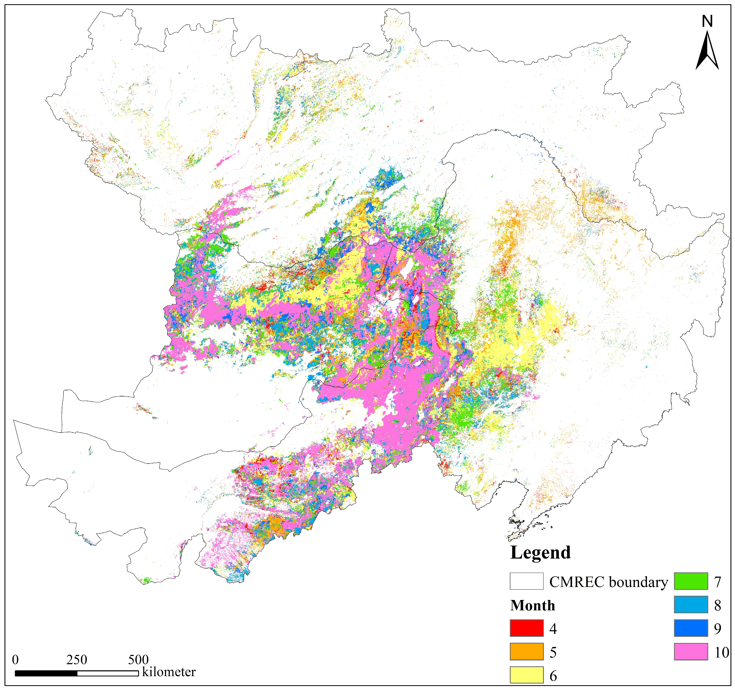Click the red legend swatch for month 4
pyautogui.click(x=527, y=628)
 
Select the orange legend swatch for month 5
pyautogui.click(x=527, y=651)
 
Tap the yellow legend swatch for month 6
pyautogui.click(x=527, y=675)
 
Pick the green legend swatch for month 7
pyautogui.click(x=691, y=581)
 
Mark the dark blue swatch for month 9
pyautogui.click(x=691, y=628)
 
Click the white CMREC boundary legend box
pyautogui.click(x=527, y=581)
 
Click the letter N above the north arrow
pyautogui.click(x=707, y=21)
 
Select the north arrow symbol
pyautogui.click(x=707, y=52)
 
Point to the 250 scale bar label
pyautogui.click(x=77, y=659)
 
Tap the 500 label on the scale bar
pyautogui.click(x=138, y=659)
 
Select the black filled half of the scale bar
pyautogui.click(x=46, y=673)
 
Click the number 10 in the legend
pyautogui.click(x=721, y=652)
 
